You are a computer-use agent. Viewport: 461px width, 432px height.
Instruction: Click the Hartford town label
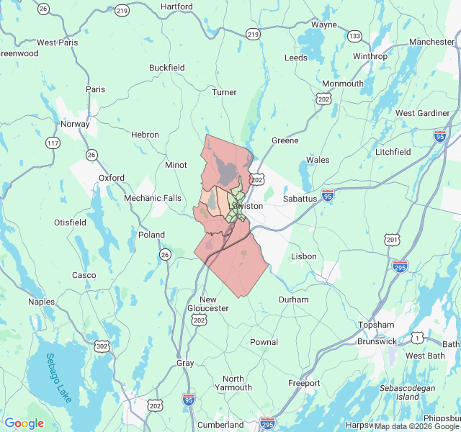pos(176,6)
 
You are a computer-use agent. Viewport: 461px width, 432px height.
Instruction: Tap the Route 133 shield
pos(354,36)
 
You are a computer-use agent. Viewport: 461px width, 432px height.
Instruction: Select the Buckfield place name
pos(167,68)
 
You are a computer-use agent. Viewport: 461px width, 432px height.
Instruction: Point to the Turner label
pos(224,92)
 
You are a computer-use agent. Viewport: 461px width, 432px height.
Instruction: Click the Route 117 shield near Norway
pos(52,143)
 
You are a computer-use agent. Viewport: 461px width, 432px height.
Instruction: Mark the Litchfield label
pos(393,152)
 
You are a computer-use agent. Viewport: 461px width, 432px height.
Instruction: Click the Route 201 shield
pos(392,239)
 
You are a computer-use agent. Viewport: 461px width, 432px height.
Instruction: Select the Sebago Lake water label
pos(61,378)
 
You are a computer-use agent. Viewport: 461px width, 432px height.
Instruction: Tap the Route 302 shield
pos(102,347)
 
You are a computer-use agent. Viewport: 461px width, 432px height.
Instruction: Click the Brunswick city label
pos(377,341)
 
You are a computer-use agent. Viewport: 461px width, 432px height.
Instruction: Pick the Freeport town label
pos(303,383)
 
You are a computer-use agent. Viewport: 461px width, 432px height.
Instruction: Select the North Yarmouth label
pos(238,383)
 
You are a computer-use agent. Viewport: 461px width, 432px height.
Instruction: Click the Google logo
pos(24,423)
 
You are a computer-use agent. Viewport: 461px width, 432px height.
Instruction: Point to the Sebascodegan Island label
pos(408,392)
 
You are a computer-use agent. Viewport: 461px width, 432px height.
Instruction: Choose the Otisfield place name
pos(71,222)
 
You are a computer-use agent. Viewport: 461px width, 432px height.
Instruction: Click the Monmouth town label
pos(343,84)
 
